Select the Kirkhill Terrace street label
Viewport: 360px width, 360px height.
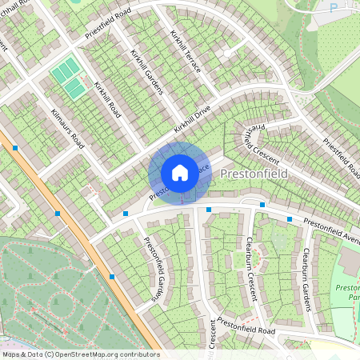point(186,51)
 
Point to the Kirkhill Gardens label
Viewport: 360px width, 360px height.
point(146,71)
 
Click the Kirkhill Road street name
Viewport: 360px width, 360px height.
point(106,99)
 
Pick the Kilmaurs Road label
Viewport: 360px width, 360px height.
point(67,129)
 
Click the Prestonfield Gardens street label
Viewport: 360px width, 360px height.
point(157,270)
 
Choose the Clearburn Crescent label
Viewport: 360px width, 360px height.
point(254,268)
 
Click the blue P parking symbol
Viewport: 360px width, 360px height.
point(333,8)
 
